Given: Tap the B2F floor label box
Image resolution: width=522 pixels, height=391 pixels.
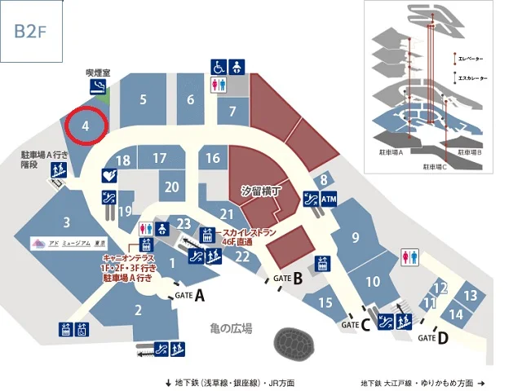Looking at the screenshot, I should [31, 31].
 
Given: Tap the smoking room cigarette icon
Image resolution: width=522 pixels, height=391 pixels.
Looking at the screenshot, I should [99, 87].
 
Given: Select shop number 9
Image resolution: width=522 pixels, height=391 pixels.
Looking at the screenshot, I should [356, 237].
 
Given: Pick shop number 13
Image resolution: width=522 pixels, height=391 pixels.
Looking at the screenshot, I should [470, 296].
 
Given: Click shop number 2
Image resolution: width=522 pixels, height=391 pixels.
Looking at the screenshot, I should [139, 309].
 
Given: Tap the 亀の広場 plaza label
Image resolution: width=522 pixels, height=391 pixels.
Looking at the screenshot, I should [231, 328].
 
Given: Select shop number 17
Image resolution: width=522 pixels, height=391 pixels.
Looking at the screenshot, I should [159, 158].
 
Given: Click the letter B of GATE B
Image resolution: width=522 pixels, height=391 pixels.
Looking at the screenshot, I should [298, 279].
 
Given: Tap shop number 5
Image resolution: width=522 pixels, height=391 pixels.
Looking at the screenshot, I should [143, 100].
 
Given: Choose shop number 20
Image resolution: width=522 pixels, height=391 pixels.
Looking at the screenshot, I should [171, 187].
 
